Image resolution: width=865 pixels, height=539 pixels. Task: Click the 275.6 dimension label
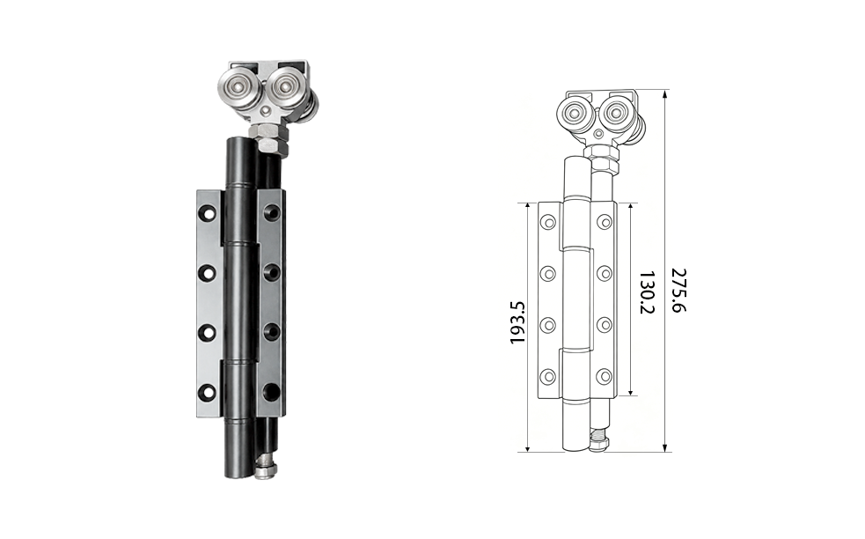[x=679, y=291]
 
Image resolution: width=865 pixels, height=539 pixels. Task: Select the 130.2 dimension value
[x=647, y=292]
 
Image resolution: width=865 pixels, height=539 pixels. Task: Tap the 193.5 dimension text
[x=517, y=322]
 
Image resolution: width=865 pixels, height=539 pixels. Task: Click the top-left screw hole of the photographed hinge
[x=208, y=213]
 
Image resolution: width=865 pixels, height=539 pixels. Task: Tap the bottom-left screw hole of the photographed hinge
[x=208, y=392]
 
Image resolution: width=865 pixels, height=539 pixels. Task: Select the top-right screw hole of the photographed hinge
[x=271, y=211]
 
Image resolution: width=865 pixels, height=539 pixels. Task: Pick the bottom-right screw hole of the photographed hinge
[x=271, y=391]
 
